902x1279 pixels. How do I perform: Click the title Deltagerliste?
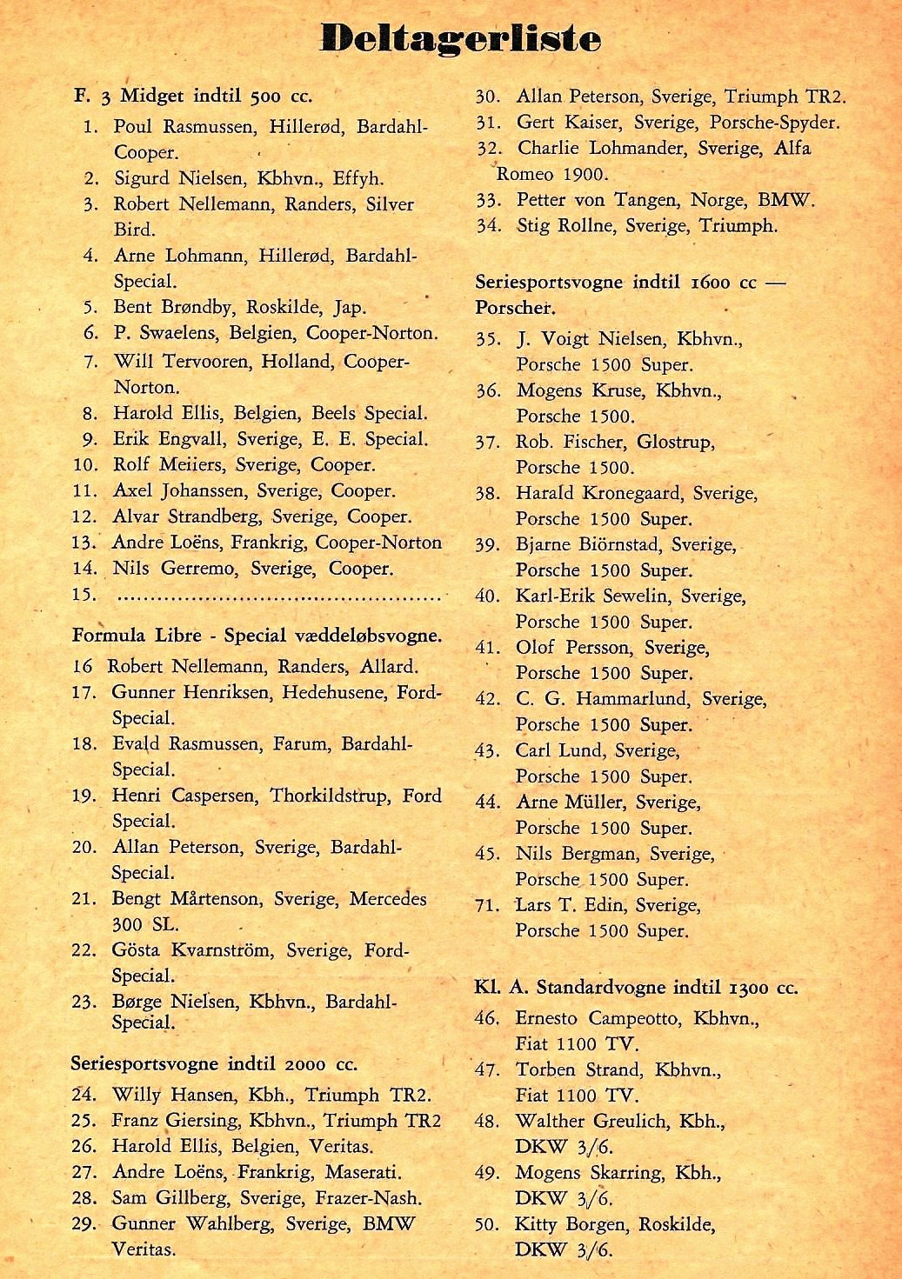(x=460, y=38)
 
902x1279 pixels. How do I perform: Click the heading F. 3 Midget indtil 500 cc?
(x=193, y=96)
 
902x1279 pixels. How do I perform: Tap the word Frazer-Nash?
(x=379, y=1198)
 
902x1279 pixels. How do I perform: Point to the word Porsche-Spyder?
(x=774, y=123)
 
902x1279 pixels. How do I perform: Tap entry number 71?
(x=487, y=906)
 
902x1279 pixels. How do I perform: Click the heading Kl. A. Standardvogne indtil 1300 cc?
(x=636, y=988)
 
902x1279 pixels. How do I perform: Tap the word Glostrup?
(x=675, y=442)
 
